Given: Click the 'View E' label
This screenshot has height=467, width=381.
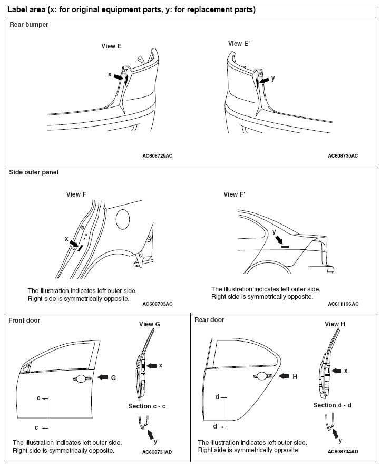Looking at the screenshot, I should click(112, 46).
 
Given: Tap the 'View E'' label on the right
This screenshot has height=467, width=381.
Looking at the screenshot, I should click(239, 44).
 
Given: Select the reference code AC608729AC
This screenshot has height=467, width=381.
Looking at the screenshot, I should click(158, 156).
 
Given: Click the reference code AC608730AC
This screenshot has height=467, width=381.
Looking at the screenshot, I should click(343, 156).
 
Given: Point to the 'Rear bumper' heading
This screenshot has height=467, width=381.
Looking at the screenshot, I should click(29, 25).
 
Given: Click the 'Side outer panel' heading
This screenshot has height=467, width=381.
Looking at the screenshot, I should click(34, 172).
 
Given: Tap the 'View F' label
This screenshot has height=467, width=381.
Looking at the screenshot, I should click(76, 194).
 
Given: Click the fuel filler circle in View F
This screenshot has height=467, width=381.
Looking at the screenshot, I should click(123, 219).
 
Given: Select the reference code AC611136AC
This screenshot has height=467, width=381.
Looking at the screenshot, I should click(343, 304).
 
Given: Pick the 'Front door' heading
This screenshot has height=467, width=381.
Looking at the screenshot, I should click(25, 320).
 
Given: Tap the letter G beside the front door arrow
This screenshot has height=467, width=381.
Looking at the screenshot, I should click(113, 377).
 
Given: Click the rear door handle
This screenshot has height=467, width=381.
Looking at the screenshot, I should click(262, 376).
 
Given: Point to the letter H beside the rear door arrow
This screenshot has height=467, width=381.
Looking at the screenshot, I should click(295, 376).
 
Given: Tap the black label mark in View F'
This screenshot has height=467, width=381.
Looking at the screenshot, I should click(285, 246).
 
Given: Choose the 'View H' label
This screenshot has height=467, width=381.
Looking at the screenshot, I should click(335, 324).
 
